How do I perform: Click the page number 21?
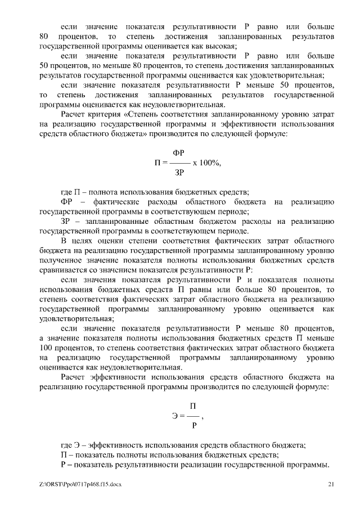331,484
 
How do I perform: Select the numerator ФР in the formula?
179,152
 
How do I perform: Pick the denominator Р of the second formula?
194,427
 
